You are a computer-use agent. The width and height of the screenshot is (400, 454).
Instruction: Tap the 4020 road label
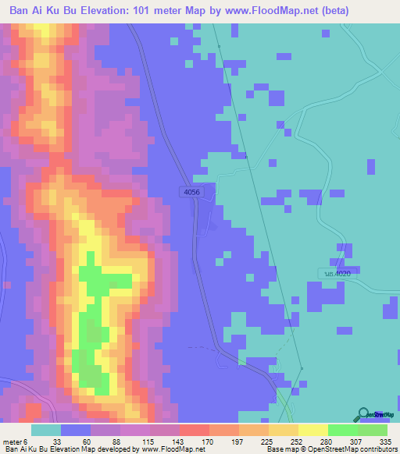click(x=337, y=273)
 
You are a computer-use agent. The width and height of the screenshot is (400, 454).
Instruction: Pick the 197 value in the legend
click(x=240, y=441)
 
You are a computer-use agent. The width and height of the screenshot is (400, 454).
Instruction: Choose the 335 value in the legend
click(x=384, y=441)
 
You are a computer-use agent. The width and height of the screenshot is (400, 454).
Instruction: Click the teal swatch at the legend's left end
click(x=46, y=430)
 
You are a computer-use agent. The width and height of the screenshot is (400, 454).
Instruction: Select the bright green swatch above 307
click(x=343, y=430)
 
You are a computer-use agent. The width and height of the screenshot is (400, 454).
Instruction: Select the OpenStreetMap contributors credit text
click(x=352, y=449)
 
